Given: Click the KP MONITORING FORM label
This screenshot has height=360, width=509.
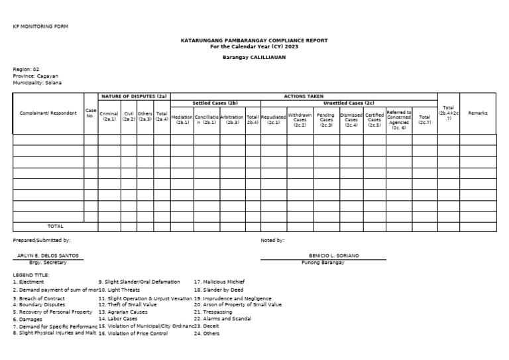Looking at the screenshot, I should (x=40, y=26).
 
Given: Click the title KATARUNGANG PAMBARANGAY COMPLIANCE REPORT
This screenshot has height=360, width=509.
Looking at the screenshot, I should (x=254, y=40).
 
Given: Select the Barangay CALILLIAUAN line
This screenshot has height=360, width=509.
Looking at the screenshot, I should (x=254, y=58).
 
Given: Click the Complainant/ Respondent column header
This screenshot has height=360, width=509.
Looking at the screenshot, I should (x=48, y=113).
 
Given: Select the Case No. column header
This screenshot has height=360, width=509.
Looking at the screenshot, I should (x=90, y=113).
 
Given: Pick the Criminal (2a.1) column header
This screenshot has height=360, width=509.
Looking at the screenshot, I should (x=109, y=116).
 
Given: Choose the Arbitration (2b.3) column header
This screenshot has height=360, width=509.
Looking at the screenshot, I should (x=232, y=119).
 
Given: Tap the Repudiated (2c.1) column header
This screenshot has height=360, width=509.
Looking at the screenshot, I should (x=274, y=119).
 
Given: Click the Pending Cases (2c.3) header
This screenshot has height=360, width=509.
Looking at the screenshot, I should (x=325, y=119).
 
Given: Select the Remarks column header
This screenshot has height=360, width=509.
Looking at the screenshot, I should (x=477, y=113).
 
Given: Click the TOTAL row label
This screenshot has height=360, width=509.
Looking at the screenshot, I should (x=56, y=226).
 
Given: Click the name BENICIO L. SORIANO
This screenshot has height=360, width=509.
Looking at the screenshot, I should (x=335, y=255).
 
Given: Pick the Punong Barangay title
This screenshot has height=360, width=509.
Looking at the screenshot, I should (x=335, y=263).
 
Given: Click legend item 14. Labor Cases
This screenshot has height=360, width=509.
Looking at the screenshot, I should (x=121, y=319).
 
